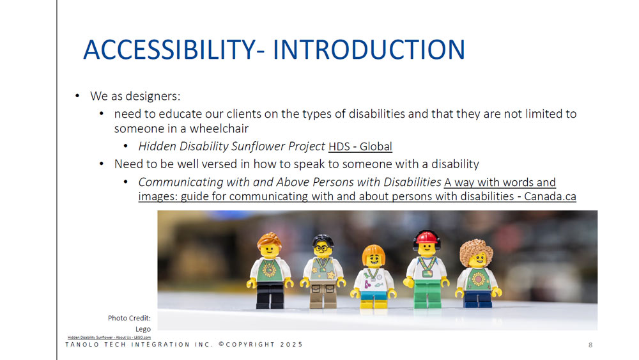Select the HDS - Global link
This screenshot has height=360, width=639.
click(x=360, y=146)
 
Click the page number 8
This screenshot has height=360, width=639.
click(x=590, y=345)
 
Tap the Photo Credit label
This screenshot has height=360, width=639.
click(x=129, y=318)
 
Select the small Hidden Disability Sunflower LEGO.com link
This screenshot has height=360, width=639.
click(x=109, y=336)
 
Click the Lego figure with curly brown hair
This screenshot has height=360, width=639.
click(x=476, y=272)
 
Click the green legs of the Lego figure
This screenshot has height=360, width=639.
click(x=426, y=294)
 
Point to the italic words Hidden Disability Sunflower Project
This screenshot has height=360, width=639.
click(x=232, y=146)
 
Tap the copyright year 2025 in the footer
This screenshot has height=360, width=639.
click(x=291, y=345)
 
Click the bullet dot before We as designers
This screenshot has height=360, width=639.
click(x=77, y=97)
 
